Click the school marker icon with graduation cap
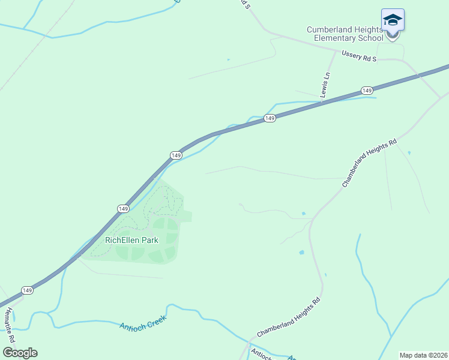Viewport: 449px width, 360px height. point(393,21)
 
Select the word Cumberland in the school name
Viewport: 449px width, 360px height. point(333,29)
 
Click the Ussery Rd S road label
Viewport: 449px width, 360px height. point(359,56)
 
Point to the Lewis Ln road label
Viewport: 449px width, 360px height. point(325,85)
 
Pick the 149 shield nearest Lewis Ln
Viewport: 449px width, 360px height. point(367,90)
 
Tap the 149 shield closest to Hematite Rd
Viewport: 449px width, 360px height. point(27,290)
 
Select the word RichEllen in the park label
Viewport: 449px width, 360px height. point(122,240)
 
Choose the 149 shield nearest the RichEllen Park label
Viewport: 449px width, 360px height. point(122,208)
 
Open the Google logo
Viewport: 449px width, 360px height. point(20,352)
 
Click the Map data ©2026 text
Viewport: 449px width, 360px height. point(423,355)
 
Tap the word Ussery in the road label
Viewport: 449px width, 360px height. point(352,55)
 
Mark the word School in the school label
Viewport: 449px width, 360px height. point(370,38)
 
